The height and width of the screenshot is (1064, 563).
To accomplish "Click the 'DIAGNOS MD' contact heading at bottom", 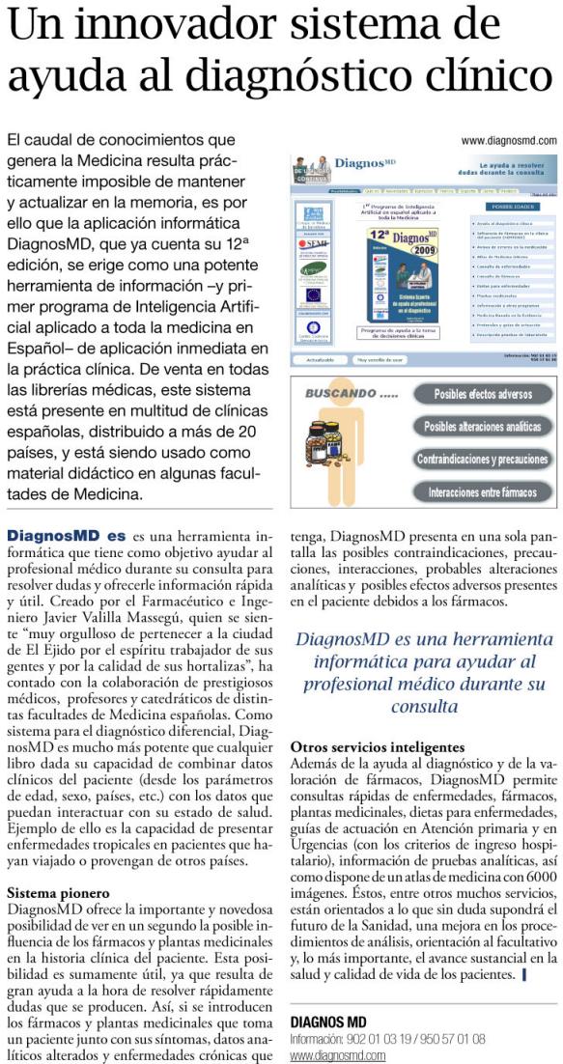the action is [x=328, y=1022].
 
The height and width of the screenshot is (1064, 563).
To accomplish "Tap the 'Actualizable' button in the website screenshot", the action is [x=320, y=359].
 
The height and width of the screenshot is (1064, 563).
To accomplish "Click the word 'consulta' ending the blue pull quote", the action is [x=422, y=707].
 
